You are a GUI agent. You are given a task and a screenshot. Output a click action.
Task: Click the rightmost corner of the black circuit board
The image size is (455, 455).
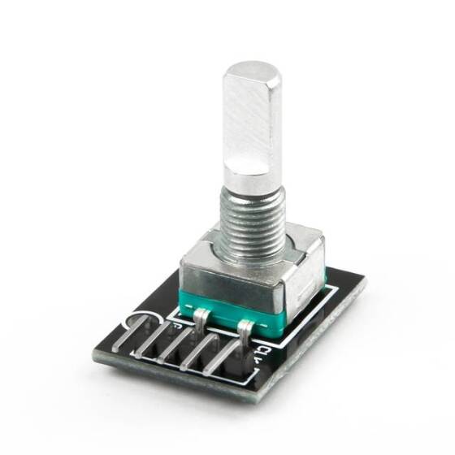point(363,280)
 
